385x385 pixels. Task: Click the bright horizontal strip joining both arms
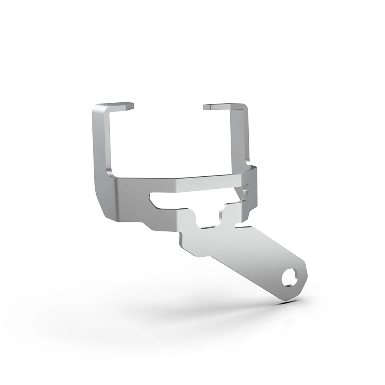tap(181, 183)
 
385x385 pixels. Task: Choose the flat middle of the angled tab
tap(239, 254)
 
